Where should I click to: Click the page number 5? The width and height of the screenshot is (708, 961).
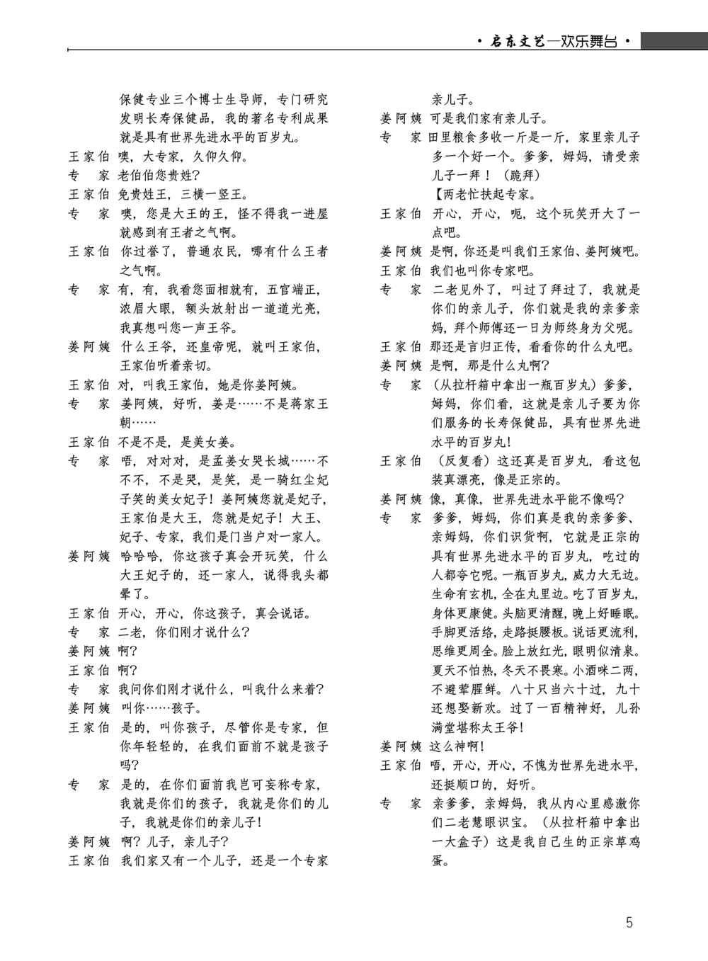pos(629,922)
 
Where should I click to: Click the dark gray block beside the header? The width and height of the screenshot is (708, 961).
pos(674,40)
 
